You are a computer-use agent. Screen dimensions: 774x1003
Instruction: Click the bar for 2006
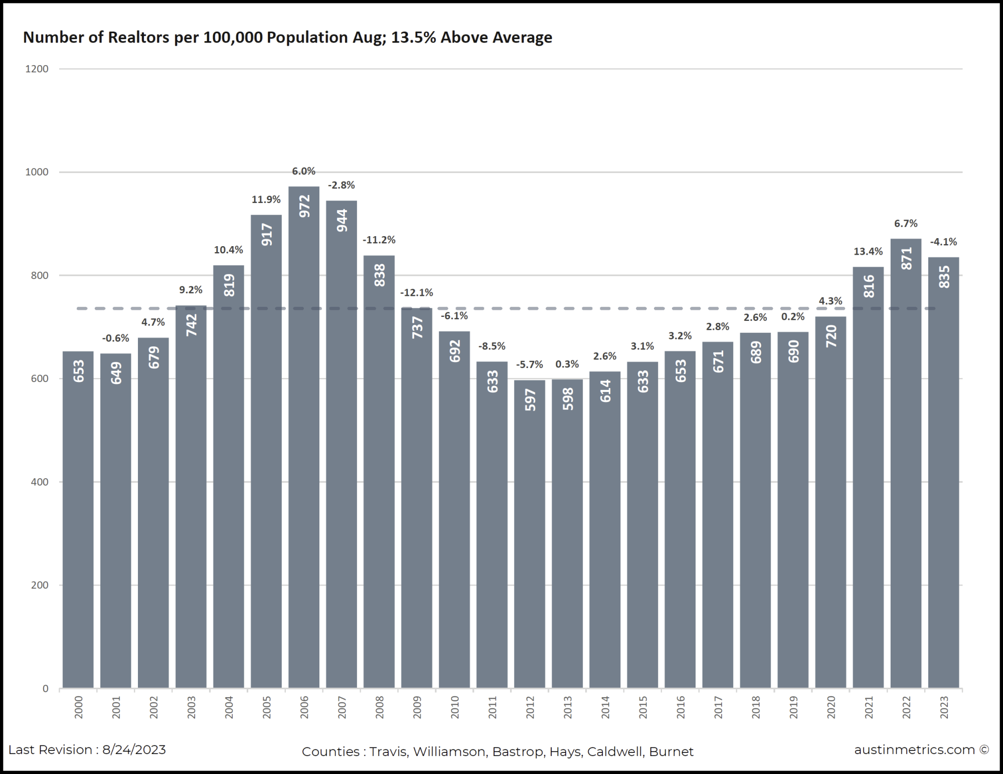(304, 436)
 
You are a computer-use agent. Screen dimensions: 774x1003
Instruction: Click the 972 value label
(304, 206)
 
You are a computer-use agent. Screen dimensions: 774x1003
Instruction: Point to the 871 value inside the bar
(906, 259)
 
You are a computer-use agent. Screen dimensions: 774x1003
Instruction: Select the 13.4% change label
(868, 252)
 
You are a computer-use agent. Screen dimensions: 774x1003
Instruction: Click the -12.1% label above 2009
(416, 293)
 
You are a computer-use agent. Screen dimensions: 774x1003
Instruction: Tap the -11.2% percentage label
(379, 240)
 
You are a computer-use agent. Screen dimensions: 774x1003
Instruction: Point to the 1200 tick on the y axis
(37, 69)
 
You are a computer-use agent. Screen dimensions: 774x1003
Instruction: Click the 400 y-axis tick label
(39, 482)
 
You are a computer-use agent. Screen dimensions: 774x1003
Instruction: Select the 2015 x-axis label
(643, 707)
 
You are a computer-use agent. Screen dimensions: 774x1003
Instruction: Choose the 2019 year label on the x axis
(793, 707)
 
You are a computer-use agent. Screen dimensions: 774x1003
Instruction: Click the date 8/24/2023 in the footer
(134, 750)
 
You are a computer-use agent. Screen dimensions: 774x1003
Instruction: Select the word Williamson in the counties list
(449, 752)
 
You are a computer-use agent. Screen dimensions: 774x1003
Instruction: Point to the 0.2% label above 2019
(793, 317)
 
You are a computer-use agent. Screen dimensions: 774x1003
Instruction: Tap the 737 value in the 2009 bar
(417, 327)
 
